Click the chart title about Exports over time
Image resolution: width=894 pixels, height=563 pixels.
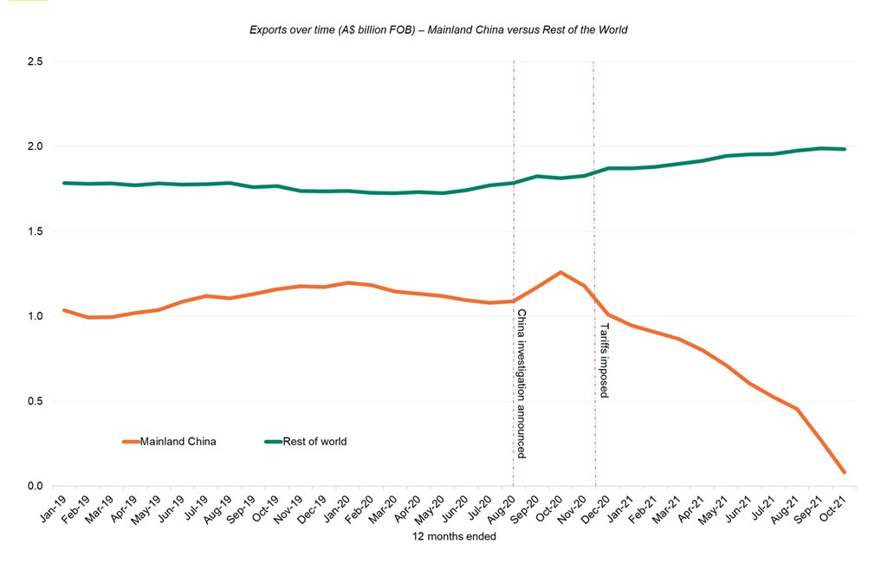tap(437, 29)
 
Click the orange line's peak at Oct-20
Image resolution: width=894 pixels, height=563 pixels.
tap(560, 272)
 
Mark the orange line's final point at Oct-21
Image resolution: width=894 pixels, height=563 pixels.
tap(844, 472)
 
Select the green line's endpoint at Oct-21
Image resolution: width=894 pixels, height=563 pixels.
tap(844, 149)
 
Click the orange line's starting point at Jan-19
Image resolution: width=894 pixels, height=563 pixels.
tap(64, 310)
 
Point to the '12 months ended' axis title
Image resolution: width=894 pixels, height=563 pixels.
tap(454, 537)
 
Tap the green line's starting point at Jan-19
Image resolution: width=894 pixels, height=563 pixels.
tap(64, 183)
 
